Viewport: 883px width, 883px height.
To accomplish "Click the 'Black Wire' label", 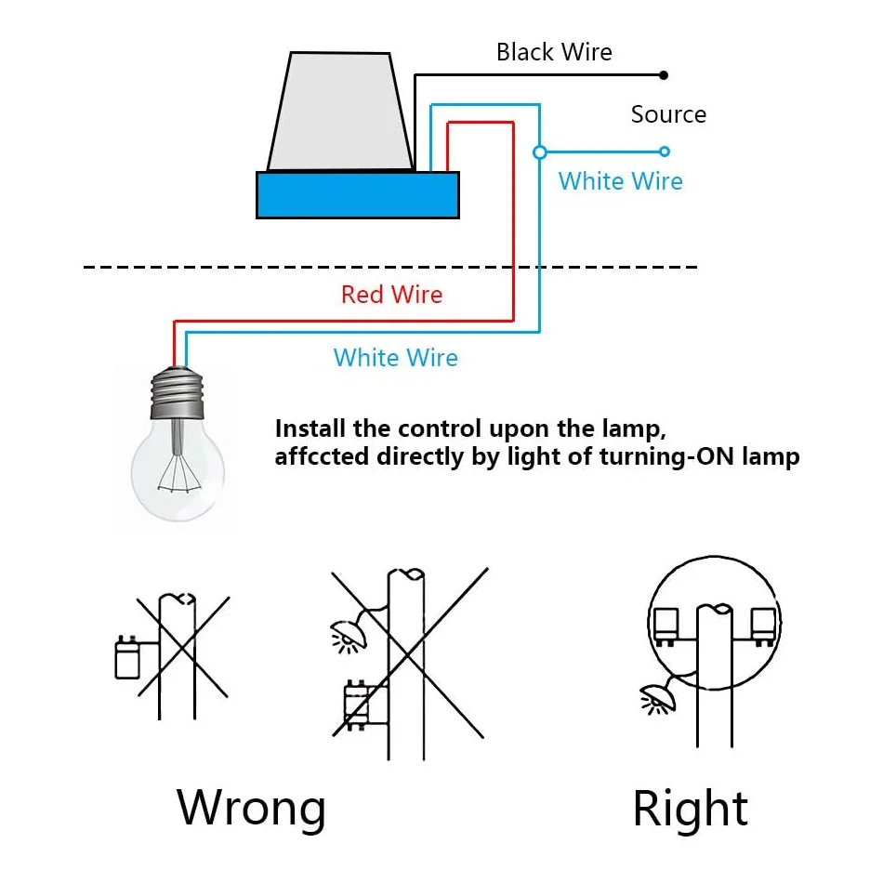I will coord(554,52).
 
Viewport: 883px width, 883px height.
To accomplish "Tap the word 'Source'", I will coord(668,114).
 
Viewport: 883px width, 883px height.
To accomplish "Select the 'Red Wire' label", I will coord(391,295).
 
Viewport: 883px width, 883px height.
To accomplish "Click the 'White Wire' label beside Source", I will coord(620,181).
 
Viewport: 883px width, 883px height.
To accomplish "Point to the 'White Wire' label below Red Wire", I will coord(395,358).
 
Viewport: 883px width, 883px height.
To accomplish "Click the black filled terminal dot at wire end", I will coord(664,75).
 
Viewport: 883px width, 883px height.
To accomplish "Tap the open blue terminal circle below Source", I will coord(664,152).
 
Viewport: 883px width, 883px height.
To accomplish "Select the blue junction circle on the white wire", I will coord(539,152).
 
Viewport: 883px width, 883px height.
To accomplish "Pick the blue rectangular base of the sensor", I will coord(357,195).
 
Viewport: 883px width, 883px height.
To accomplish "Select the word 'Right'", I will coord(690,809).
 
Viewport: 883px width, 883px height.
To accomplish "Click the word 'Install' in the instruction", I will coord(311,429).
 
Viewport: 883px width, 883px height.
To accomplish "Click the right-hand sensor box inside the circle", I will coord(763,626).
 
